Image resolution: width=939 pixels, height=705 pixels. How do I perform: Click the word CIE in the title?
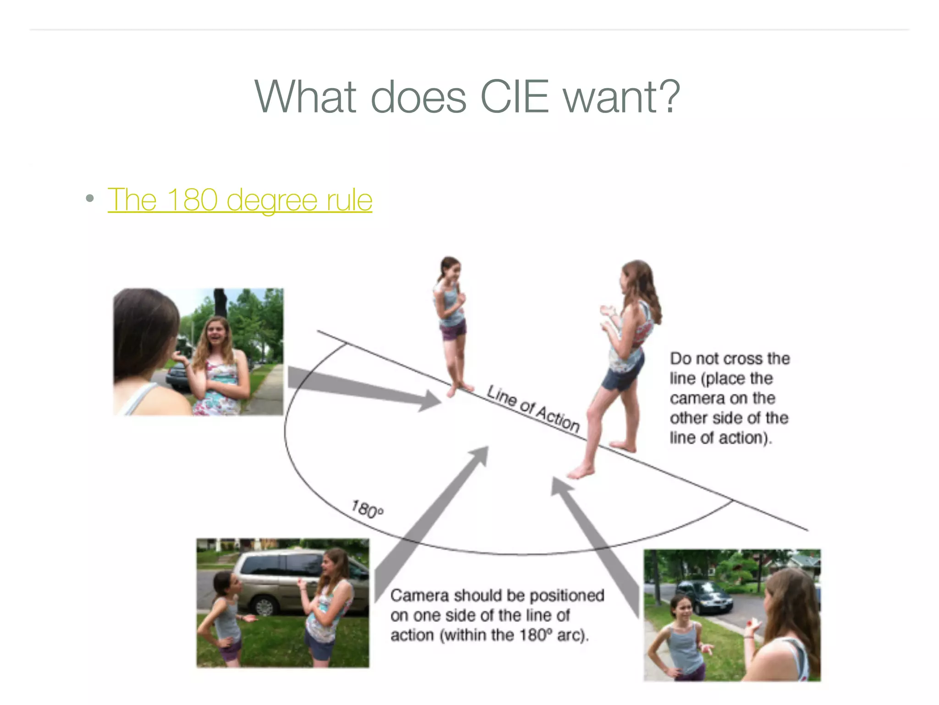[514, 97]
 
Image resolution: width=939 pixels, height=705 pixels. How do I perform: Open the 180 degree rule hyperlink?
[240, 200]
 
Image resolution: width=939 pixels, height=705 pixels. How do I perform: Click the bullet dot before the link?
[90, 199]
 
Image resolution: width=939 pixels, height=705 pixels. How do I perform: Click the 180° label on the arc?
[367, 509]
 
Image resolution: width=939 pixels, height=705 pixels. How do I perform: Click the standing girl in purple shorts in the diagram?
[451, 321]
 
